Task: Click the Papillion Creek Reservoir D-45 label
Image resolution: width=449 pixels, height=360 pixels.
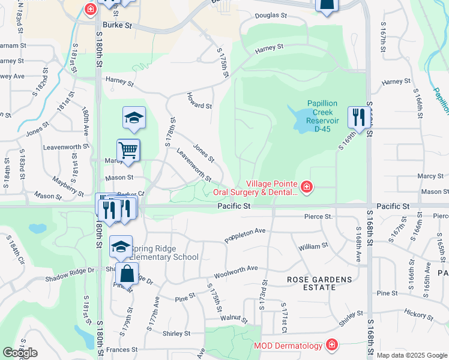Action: coord(322,112)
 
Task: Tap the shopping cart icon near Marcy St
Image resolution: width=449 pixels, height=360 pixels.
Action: coord(128,151)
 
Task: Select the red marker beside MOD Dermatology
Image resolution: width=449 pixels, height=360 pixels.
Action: coord(331,345)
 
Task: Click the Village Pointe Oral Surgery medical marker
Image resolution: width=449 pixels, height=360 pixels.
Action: coord(306,188)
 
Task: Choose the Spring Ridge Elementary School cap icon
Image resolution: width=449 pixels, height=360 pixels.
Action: coord(121,246)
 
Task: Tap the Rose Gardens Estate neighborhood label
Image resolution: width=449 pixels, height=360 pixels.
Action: coord(311,283)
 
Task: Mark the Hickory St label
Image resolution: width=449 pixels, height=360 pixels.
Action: coord(418,313)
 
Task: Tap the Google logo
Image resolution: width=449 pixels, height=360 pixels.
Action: coord(20,353)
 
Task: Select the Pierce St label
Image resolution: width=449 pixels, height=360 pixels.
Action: coord(318,216)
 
